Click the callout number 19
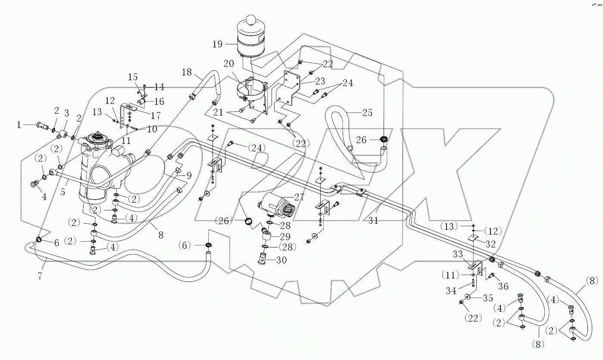(218, 44)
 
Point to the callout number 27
(299, 197)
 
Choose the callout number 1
(19, 125)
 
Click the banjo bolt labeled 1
(41, 126)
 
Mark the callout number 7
(40, 276)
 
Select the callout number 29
(285, 237)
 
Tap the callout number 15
(132, 77)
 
